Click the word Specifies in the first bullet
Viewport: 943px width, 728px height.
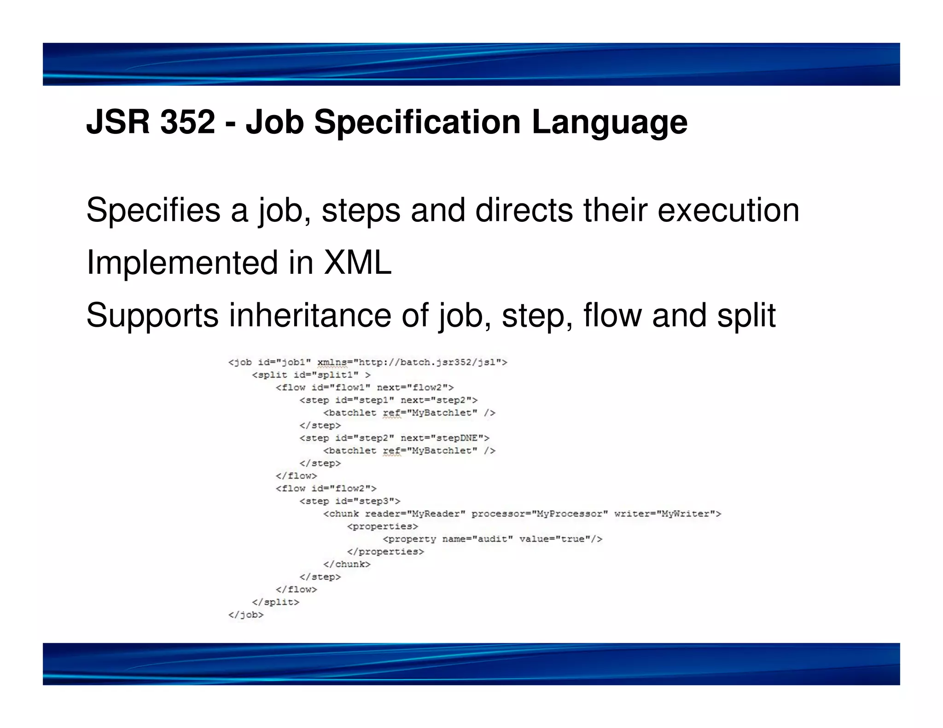[153, 210]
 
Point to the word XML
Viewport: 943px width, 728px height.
[357, 263]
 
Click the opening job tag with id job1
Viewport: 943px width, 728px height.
[367, 362]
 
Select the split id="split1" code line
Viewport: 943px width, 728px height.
[311, 375]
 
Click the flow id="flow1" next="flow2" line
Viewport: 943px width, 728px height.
[364, 387]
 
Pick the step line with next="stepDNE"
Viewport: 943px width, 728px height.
[394, 438]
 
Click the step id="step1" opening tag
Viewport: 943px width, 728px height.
[388, 400]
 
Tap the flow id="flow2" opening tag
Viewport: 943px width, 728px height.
[326, 488]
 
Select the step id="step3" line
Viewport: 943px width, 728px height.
[349, 501]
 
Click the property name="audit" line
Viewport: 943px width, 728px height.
[492, 539]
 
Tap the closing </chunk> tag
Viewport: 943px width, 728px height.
[346, 564]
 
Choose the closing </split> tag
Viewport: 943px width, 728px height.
[275, 602]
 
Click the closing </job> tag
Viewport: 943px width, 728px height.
[246, 615]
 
